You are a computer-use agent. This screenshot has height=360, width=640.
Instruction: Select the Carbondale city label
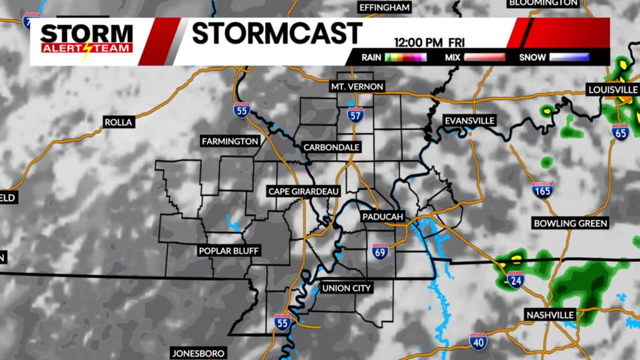[331, 147]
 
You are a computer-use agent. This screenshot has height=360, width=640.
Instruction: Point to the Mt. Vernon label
[357, 86]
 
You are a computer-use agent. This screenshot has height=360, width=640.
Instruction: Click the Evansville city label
[469, 120]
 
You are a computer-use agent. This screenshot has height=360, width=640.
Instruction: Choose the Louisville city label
[613, 90]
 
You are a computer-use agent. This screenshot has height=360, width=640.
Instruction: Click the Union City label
[346, 288]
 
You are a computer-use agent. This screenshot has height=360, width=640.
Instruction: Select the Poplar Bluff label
[228, 251]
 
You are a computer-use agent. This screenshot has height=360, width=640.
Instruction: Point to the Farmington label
[230, 141]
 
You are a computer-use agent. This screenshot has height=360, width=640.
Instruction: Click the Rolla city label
[119, 122]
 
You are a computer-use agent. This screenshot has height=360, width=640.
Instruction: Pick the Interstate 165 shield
[542, 190]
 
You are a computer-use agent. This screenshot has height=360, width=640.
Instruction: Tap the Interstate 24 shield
[516, 279]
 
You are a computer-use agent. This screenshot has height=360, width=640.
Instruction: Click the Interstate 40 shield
[478, 341]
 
